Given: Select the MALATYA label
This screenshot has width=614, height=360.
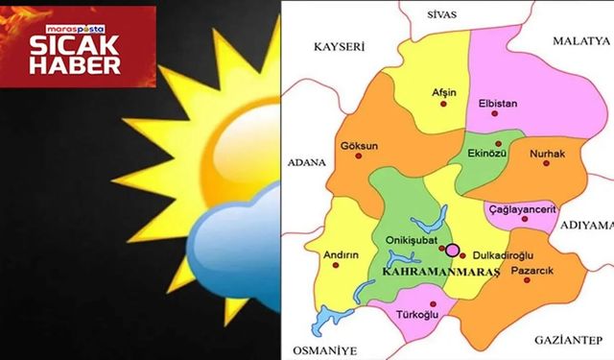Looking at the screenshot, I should pyautogui.click(x=580, y=42).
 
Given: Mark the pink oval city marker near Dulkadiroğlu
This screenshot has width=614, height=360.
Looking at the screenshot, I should pyautogui.click(x=454, y=250).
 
